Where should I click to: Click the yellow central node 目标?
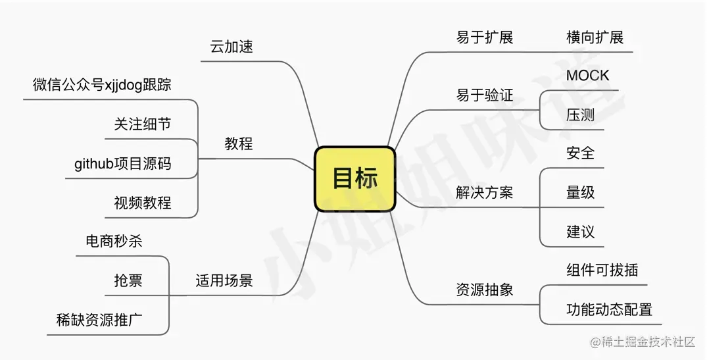click(x=355, y=179)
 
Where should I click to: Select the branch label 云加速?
click(x=232, y=47)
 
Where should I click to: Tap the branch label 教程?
click(x=238, y=143)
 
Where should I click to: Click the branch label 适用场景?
click(x=224, y=281)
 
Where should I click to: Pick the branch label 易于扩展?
click(x=485, y=38)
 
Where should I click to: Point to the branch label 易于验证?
click(x=485, y=97)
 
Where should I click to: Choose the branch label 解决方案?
click(x=485, y=193)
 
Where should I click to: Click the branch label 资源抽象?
click(x=485, y=290)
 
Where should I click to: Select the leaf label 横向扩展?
click(x=595, y=38)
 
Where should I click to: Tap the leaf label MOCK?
click(x=588, y=76)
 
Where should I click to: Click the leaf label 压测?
click(x=580, y=115)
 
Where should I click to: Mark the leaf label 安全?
click(x=580, y=153)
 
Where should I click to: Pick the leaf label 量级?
click(x=580, y=192)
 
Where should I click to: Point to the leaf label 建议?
click(x=580, y=232)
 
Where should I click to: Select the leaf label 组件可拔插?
click(x=602, y=270)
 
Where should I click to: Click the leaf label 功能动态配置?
click(x=609, y=309)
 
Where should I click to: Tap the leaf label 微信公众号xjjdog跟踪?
click(x=102, y=85)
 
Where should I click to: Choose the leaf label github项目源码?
click(x=123, y=164)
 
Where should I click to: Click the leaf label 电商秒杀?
click(x=114, y=242)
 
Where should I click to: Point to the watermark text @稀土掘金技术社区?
click(x=643, y=342)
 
